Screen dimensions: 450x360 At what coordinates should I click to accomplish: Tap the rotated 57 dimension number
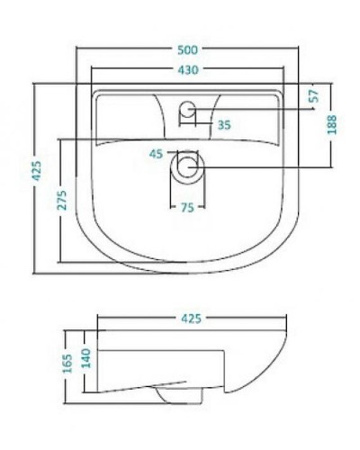314,97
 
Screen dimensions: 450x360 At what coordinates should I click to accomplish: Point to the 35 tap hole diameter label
223,125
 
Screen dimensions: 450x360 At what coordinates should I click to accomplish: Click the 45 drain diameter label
156,155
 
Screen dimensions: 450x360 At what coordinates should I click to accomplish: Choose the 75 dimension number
187,208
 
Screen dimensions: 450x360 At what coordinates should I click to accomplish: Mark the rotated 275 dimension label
62,199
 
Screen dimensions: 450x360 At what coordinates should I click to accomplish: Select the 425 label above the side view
191,318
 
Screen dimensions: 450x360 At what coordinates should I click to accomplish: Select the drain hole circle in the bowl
187,166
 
